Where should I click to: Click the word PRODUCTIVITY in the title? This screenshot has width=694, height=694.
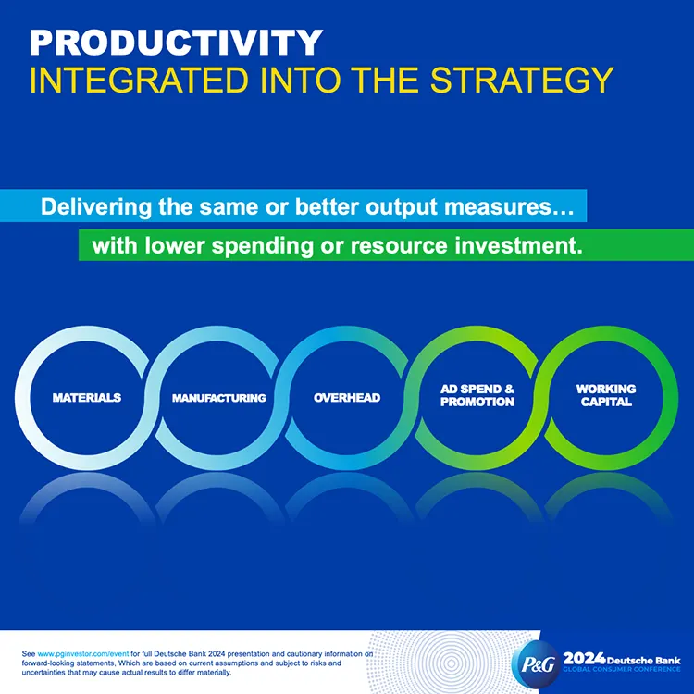(176, 42)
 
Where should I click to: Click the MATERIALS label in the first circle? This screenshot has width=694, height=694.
(87, 397)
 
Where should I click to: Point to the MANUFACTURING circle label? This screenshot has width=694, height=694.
(219, 398)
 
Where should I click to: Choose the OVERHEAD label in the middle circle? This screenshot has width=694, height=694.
(347, 397)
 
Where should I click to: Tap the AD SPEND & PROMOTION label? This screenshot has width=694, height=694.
(477, 396)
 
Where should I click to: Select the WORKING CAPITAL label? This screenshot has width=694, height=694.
(606, 395)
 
